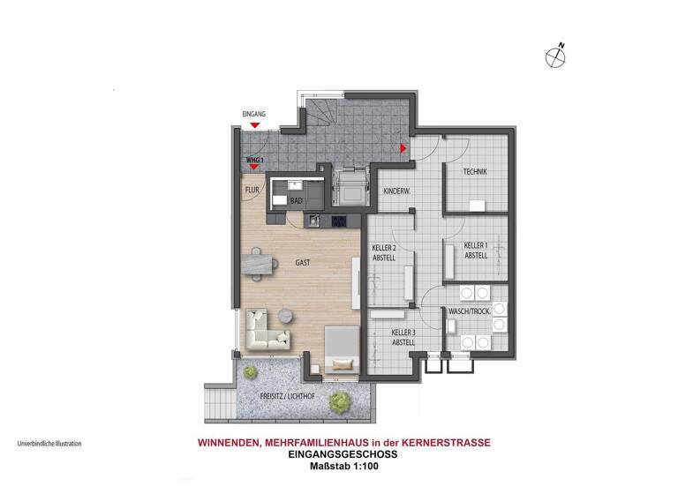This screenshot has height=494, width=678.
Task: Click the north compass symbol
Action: point(556,56)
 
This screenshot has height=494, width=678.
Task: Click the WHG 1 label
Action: point(255,160)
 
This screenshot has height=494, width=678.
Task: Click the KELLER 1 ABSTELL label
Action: point(477,250)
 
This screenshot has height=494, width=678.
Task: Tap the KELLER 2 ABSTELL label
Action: point(382,253)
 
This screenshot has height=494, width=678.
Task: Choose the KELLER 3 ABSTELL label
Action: point(403,337)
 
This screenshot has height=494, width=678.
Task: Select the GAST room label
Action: point(304,263)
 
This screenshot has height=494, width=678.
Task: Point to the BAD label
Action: point(297,202)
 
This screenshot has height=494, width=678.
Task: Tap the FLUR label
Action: point(251,190)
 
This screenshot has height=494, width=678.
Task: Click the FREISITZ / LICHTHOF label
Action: point(288,397)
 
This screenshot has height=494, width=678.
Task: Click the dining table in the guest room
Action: point(261,263)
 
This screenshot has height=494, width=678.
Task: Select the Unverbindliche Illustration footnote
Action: point(49,444)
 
